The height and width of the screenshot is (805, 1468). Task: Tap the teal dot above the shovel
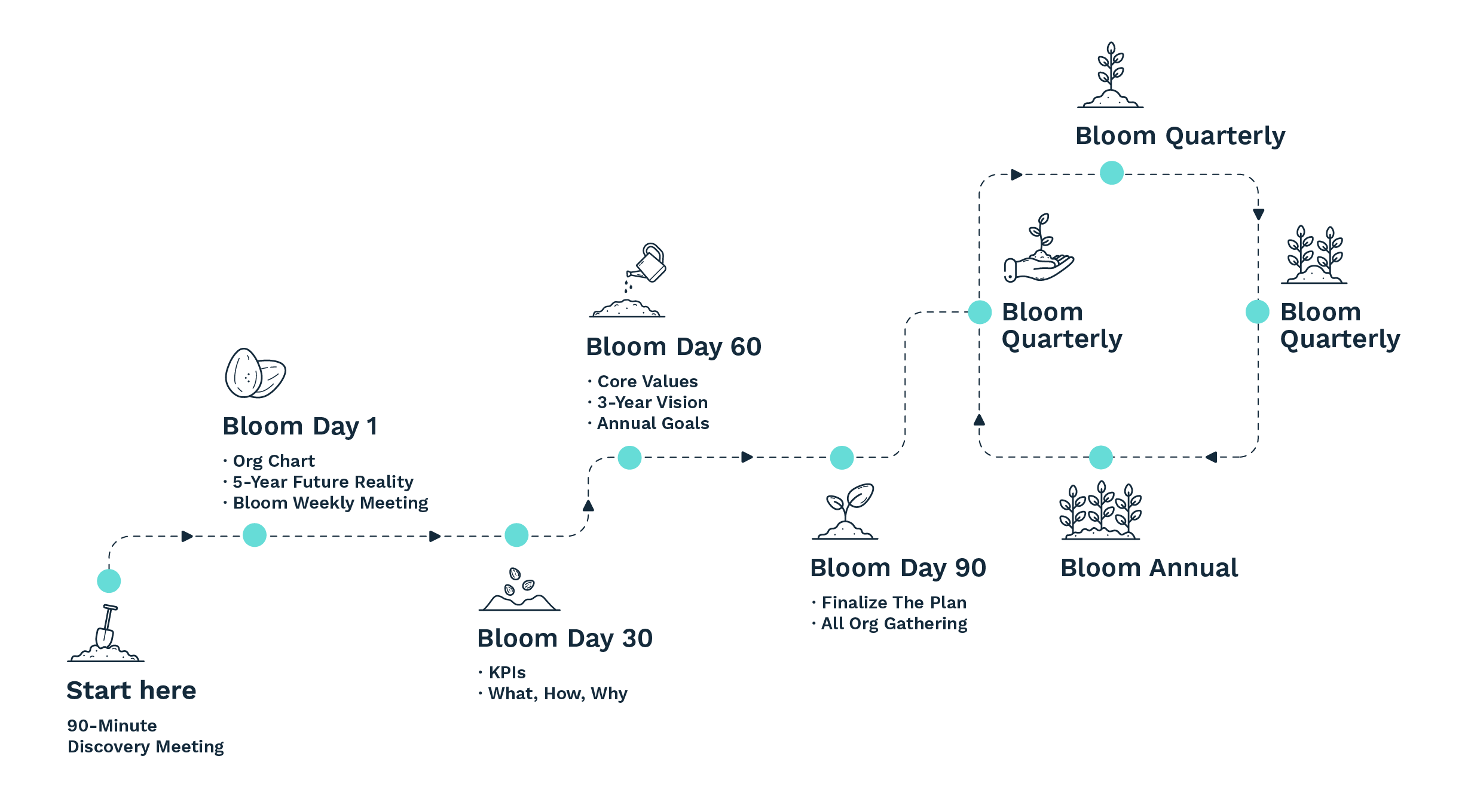109,580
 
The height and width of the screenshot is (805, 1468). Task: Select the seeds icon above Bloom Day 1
255,374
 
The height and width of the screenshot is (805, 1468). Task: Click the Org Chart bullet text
273,461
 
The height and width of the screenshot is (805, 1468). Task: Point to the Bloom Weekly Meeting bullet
330,503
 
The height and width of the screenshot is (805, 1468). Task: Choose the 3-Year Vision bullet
652,402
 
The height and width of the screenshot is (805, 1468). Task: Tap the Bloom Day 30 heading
565,638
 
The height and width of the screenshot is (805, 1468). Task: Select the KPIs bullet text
507,672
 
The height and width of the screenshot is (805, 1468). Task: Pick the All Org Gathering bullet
894,623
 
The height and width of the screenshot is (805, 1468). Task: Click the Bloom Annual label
1149,568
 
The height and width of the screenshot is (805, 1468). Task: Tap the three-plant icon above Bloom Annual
1100,510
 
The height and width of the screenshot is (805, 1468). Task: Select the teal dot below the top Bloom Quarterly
1111,173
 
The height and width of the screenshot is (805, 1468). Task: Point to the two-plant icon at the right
1314,255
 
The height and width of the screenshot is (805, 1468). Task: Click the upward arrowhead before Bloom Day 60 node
588,506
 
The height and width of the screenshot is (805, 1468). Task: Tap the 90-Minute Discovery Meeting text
145,736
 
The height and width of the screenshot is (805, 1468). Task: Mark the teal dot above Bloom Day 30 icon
516,535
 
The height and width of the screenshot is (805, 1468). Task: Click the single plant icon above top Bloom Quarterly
1110,75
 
